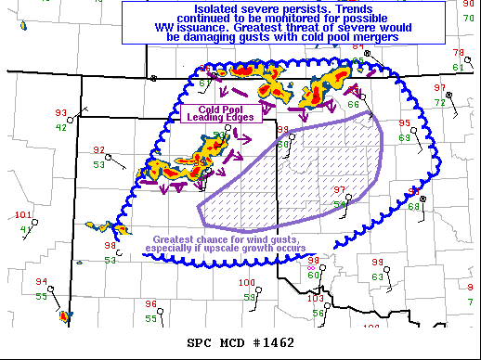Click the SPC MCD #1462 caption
click(240, 343)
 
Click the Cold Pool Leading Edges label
click(215, 112)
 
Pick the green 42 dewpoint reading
click(60, 127)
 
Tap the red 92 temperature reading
click(98, 150)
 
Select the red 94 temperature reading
click(41, 281)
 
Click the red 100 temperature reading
click(247, 283)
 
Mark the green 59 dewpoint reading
click(249, 297)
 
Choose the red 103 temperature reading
click(315, 299)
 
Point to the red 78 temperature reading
click(458, 53)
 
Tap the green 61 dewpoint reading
click(458, 67)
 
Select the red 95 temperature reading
click(404, 123)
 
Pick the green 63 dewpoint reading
click(377, 276)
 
